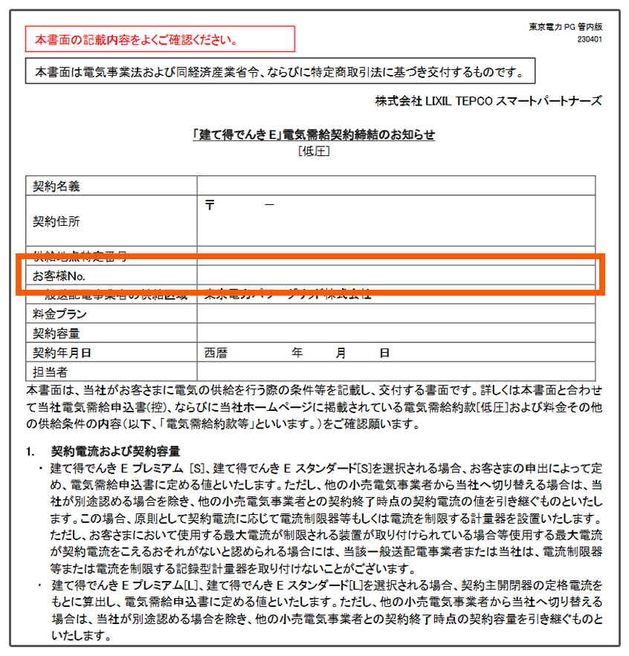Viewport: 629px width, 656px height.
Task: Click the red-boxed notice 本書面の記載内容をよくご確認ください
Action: (160, 39)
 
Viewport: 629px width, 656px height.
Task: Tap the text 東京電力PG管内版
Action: (565, 27)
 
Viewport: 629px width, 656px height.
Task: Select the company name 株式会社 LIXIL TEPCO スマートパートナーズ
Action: (488, 101)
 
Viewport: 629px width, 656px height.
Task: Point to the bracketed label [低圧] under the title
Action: (313, 152)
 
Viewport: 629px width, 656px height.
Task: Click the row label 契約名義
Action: (56, 186)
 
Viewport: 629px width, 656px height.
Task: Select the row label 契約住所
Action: (56, 221)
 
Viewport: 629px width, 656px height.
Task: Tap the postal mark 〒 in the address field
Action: (210, 205)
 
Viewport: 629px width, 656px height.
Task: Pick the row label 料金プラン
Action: (60, 315)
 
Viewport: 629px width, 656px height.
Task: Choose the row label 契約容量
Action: (56, 334)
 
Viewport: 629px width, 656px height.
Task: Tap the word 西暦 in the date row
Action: (215, 353)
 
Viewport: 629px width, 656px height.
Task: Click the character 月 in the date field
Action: (341, 353)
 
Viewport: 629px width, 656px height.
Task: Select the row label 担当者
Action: (51, 371)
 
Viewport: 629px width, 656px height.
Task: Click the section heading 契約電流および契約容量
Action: (115, 451)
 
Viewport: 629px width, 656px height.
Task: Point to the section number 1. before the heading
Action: (31, 451)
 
